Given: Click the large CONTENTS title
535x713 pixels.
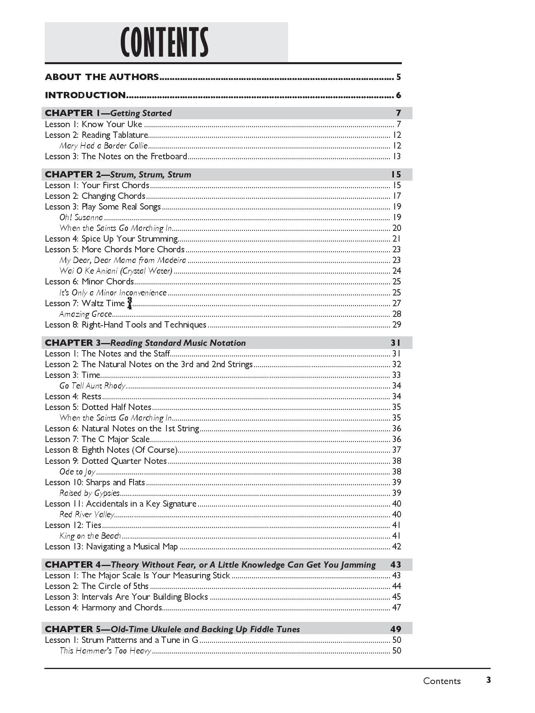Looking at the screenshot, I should point(164,43).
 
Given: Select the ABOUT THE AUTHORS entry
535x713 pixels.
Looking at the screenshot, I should point(102,77).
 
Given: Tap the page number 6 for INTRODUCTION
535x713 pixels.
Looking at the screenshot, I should point(398,95).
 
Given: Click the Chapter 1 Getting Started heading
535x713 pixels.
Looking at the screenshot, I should point(108,113).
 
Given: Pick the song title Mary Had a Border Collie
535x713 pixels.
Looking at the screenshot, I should point(103,146).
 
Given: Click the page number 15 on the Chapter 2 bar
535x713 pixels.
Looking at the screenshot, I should point(396,175).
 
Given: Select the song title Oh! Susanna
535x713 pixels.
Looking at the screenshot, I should point(81,217).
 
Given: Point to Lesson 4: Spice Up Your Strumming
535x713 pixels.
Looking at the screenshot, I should point(111,239).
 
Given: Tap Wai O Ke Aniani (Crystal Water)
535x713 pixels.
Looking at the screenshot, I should point(116,271).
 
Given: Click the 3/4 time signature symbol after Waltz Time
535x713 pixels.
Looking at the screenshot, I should point(130,303).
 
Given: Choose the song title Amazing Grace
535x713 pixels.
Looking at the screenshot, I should point(86,314).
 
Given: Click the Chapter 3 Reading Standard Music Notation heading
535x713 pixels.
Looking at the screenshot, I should point(145,343).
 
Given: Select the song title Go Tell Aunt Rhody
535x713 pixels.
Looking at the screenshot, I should point(92,386).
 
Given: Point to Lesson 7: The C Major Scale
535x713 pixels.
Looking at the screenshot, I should point(97,439).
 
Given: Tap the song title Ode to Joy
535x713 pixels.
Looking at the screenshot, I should point(78,472).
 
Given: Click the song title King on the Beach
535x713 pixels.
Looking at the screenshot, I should point(90,536).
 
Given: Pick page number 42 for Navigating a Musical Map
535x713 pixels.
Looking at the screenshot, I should point(396,547).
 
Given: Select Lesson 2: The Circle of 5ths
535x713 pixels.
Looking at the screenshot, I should point(97,586).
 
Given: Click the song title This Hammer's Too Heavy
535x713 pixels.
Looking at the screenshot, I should point(105,651).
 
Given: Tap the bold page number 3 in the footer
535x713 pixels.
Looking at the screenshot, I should point(489,680).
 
